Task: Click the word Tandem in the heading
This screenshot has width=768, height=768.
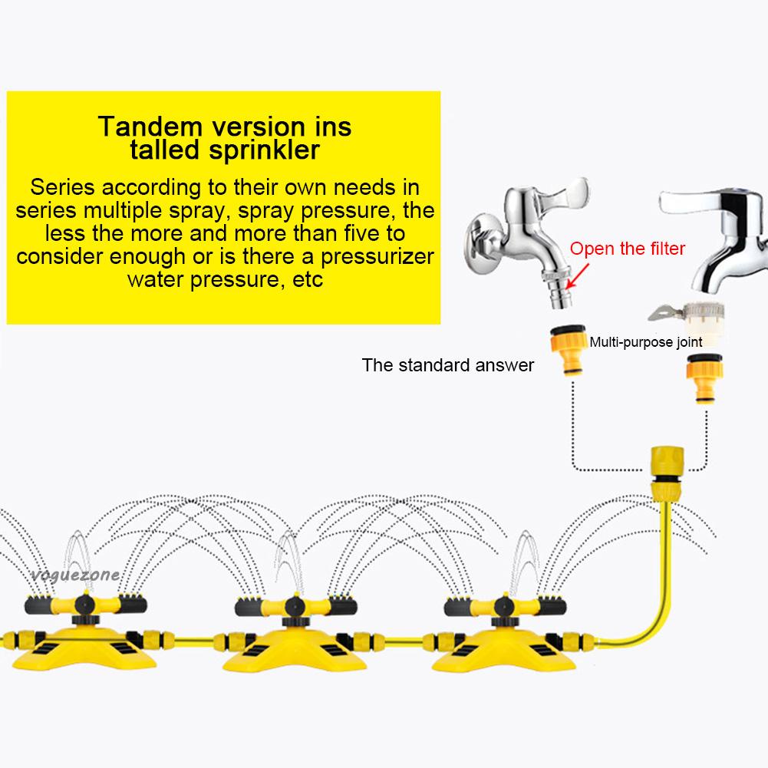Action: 150,127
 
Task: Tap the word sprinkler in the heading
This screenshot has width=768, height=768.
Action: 264,150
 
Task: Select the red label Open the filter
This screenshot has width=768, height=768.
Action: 627,249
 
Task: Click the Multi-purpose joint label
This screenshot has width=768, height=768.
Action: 645,341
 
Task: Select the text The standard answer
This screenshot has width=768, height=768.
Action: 447,365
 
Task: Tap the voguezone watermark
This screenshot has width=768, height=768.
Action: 75,575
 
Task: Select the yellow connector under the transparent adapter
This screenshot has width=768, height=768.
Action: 704,378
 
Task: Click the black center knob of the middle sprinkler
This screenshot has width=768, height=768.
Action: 295,606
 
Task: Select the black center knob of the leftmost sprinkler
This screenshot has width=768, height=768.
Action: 85,605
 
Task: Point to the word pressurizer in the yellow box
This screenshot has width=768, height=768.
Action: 377,256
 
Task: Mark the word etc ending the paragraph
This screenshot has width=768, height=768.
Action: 308,280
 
